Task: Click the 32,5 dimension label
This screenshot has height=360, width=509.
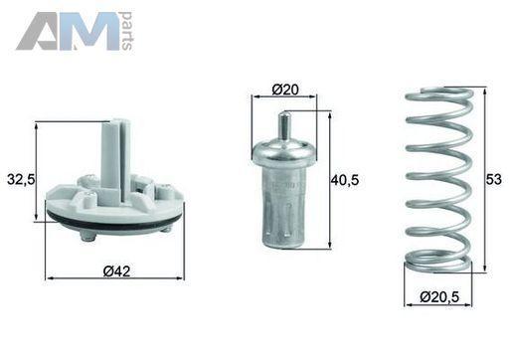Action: (21, 180)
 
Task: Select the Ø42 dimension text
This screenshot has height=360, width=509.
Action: (116, 271)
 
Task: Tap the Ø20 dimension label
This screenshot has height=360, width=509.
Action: (285, 90)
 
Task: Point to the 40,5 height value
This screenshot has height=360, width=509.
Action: (345, 180)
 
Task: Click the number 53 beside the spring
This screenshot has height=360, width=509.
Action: (494, 180)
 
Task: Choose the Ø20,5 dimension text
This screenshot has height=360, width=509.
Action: (439, 296)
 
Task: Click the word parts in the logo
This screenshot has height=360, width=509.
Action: (127, 31)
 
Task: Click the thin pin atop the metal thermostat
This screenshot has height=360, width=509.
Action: (283, 126)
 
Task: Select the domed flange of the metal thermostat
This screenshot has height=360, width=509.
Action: (284, 151)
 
